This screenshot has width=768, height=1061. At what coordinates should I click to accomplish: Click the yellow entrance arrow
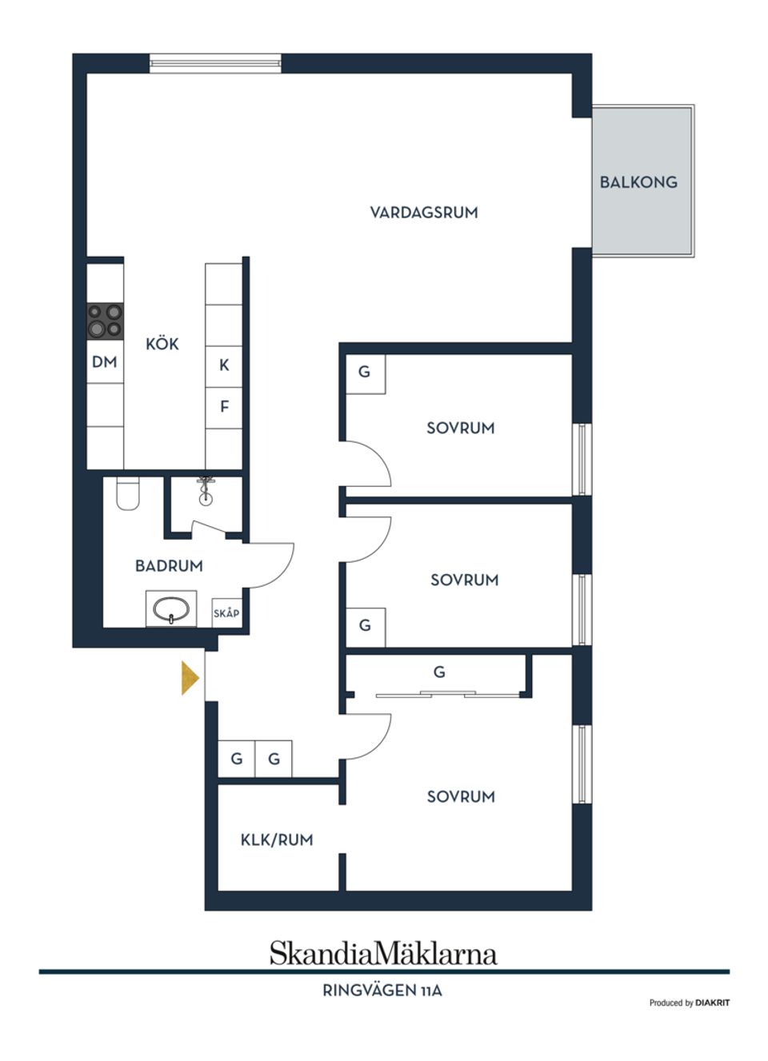(190, 678)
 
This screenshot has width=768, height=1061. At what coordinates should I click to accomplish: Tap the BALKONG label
(638, 182)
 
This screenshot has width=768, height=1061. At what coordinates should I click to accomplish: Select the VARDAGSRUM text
(423, 213)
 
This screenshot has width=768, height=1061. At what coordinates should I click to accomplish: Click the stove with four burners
(105, 321)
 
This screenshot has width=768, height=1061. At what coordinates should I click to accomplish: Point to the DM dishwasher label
(105, 362)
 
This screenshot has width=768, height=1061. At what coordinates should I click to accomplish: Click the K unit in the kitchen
(224, 365)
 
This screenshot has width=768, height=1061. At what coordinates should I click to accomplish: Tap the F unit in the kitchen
(224, 407)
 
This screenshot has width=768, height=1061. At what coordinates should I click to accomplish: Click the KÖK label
(162, 345)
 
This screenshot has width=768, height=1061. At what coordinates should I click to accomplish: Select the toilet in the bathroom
(128, 493)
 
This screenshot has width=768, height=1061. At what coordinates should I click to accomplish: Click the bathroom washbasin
(171, 610)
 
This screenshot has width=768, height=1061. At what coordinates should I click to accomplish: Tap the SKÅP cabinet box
(226, 613)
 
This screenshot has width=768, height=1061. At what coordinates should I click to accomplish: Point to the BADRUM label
(169, 566)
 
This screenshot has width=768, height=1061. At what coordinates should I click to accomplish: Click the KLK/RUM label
(276, 840)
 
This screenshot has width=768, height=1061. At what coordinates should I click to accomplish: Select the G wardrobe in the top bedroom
(365, 373)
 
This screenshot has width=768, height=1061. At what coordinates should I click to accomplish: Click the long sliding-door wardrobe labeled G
(438, 673)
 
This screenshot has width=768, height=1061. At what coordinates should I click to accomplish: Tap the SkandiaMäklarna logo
(382, 953)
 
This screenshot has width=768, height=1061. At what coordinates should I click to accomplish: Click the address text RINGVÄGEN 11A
(382, 991)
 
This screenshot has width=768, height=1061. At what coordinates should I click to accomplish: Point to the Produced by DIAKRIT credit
(689, 1003)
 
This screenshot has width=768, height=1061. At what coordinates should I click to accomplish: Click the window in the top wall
(215, 62)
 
